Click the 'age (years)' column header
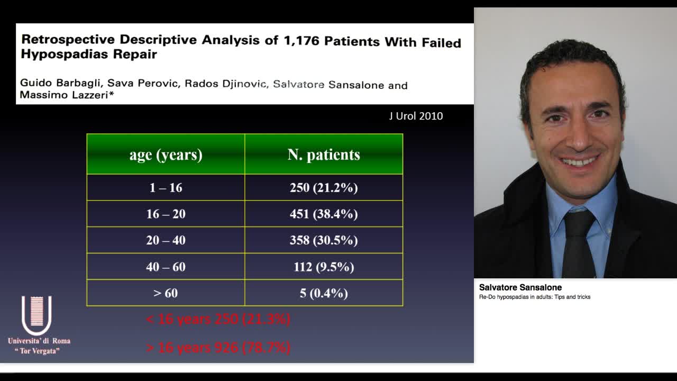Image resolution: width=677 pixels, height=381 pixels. (166, 155)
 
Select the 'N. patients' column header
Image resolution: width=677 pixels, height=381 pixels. (324, 155)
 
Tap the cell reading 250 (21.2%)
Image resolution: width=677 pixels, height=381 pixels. (324, 188)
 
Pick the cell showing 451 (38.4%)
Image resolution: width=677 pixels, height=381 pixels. (324, 214)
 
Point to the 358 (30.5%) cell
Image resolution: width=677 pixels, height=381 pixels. (324, 240)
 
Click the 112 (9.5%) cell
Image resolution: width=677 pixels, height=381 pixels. (324, 267)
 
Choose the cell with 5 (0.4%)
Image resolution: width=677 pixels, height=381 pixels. (324, 293)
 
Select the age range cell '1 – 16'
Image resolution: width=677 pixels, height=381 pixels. (166, 188)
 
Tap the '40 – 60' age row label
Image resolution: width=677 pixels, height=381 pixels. (166, 267)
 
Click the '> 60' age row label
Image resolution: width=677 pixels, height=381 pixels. (166, 293)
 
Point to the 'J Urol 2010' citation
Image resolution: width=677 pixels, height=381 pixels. (416, 116)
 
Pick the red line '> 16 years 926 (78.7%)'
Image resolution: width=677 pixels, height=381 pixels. (218, 347)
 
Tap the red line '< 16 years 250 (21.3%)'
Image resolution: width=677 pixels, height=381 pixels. (218, 319)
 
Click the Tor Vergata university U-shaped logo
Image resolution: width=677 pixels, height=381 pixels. (36, 315)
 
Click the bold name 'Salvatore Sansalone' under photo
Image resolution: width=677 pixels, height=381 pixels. (520, 287)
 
